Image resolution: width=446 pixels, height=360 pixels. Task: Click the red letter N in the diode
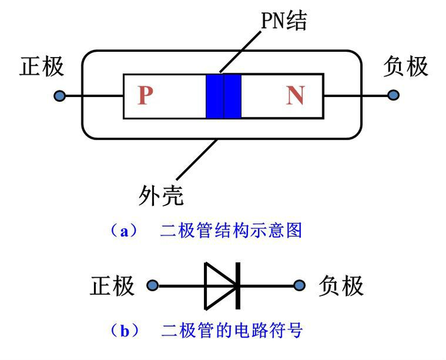[295, 95]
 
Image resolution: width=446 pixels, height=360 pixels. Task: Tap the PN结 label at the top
[284, 22]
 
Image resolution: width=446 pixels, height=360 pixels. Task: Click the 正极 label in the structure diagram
[42, 67]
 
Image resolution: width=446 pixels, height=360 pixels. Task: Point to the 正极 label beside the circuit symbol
[112, 286]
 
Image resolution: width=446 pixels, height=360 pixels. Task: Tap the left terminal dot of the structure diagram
[59, 95]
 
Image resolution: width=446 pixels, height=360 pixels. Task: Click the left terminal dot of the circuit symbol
[153, 286]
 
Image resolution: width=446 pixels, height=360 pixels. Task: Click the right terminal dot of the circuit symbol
[300, 286]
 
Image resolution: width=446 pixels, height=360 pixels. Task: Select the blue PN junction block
[224, 96]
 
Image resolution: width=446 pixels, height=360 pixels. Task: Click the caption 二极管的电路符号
[231, 330]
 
